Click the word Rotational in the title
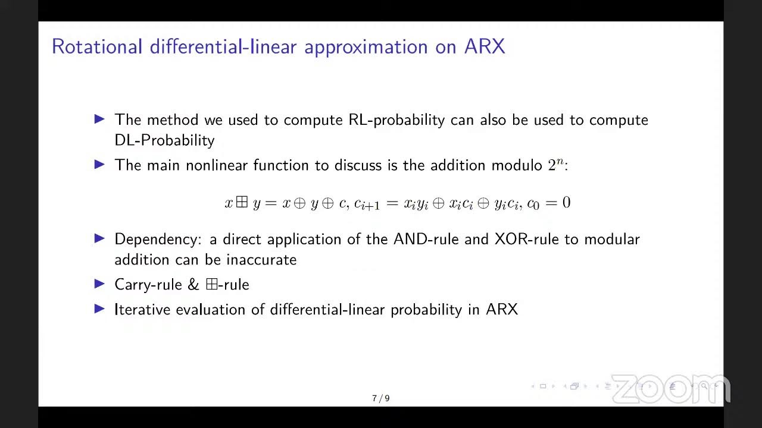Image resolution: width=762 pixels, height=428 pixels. [96, 47]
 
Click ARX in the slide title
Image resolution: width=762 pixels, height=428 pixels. [484, 47]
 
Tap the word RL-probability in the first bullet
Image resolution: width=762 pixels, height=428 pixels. [396, 120]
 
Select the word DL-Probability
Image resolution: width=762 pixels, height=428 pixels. [164, 140]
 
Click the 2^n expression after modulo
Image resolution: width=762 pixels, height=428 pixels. [555, 165]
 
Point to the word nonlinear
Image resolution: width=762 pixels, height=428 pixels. [217, 165]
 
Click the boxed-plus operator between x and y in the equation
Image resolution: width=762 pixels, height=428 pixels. [242, 203]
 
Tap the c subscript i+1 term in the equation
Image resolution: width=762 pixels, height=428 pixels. [367, 204]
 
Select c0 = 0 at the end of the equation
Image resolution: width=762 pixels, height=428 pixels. [549, 203]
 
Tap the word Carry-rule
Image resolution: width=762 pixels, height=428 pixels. [148, 285]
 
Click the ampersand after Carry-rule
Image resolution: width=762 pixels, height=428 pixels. [193, 285]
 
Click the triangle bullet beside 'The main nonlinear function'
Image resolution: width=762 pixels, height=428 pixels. [99, 165]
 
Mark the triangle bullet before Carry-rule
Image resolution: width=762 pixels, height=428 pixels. [99, 284]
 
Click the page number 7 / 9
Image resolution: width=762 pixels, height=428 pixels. [381, 398]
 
